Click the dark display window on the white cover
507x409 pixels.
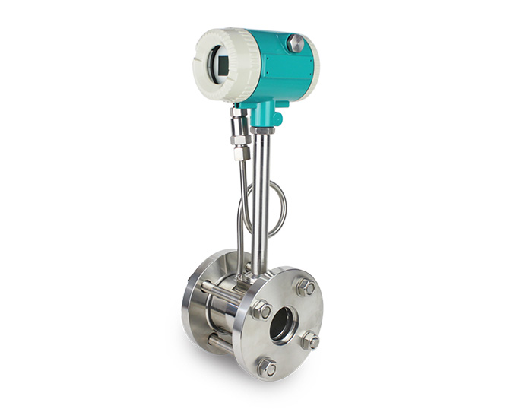[x=220, y=60]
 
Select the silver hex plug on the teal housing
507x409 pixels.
[x=296, y=43]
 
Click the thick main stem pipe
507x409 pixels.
[x=261, y=198]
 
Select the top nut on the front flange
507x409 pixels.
[x=304, y=287]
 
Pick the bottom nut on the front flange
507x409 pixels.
[x=266, y=367]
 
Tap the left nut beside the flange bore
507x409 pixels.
[x=261, y=309]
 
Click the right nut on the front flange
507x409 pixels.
[x=309, y=341]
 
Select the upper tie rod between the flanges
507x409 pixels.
[x=220, y=291]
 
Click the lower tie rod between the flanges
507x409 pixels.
[x=221, y=346]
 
